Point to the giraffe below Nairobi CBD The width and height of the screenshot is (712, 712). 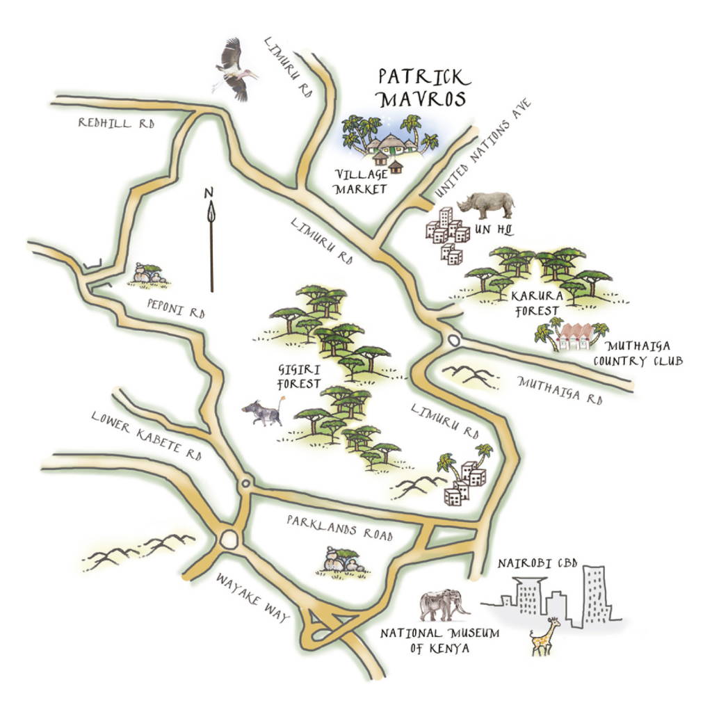coord(544,636)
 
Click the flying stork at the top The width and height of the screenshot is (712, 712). coord(235,70)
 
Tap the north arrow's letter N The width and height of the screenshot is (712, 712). coord(208,194)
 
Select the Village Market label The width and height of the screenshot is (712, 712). coord(360,181)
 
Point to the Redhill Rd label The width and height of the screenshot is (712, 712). coord(115,123)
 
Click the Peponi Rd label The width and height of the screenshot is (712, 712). coord(177,308)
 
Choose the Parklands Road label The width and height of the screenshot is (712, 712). coord(339,527)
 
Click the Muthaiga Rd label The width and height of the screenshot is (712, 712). coord(560,391)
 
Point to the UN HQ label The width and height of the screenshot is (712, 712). coord(491,229)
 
